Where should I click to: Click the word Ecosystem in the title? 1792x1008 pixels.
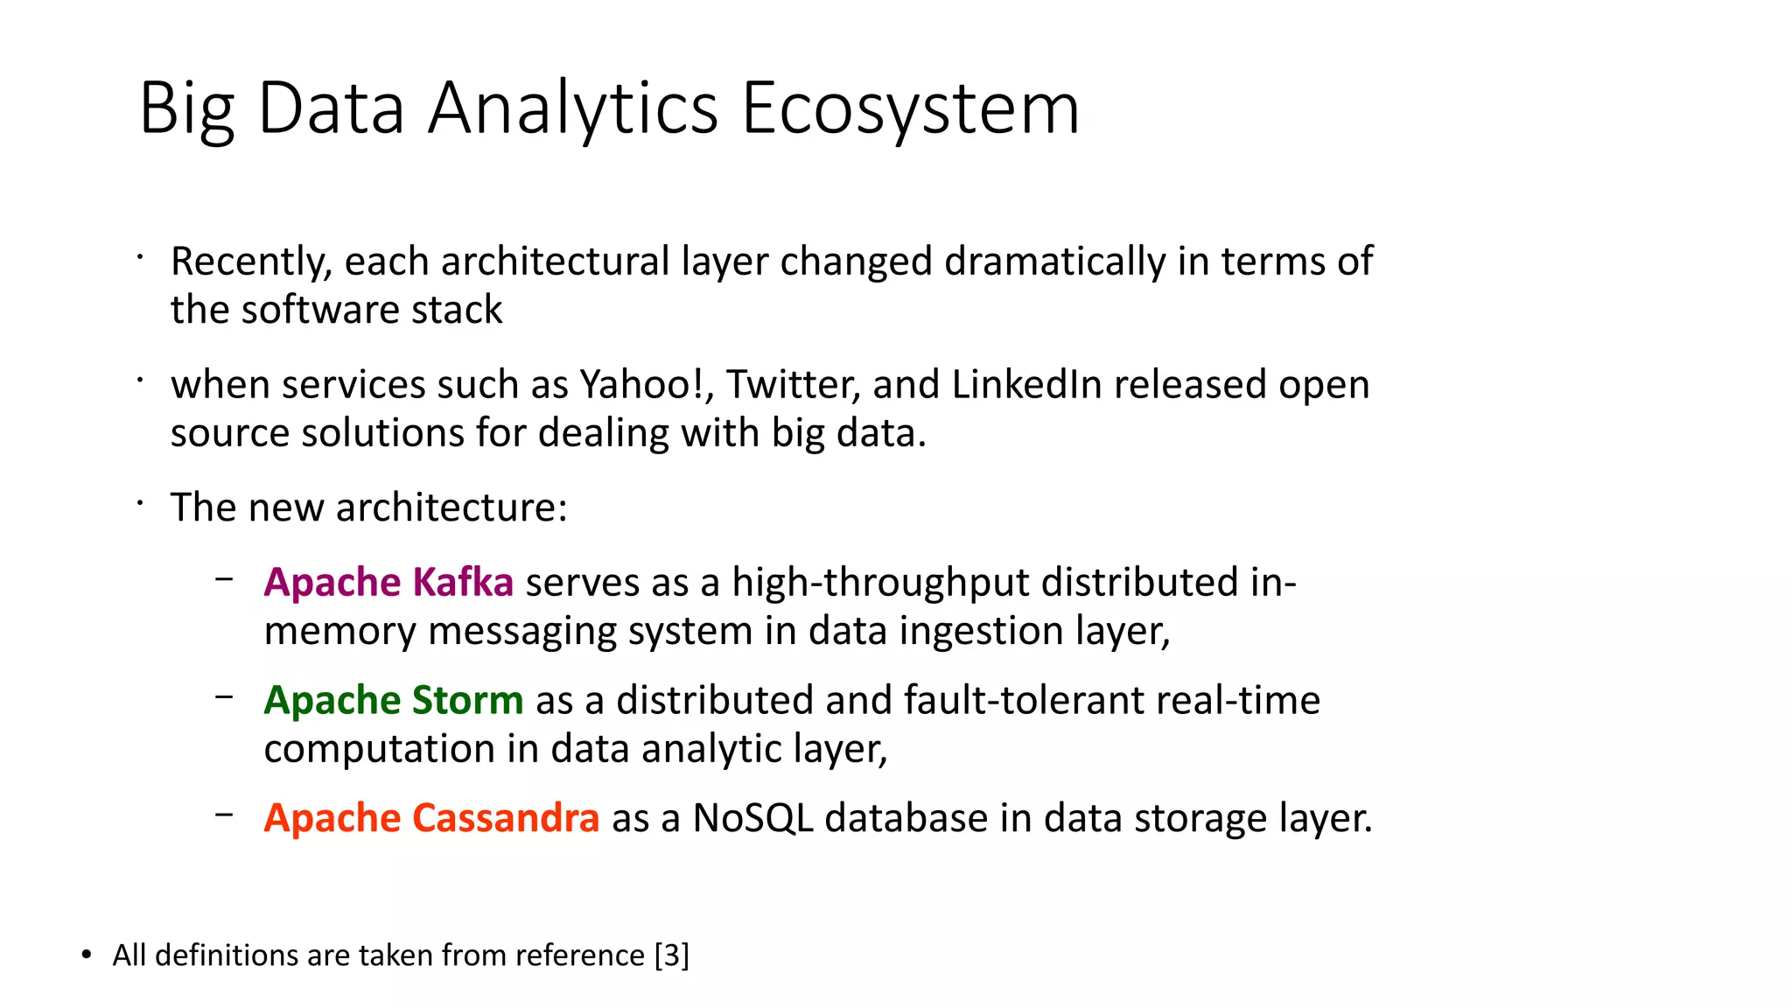tap(910, 108)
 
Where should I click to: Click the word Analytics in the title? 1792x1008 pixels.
tap(573, 108)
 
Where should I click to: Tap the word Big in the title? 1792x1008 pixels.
tap(186, 108)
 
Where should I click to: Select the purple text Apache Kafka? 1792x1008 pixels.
tap(388, 583)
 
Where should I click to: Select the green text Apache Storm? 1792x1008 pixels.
tap(394, 701)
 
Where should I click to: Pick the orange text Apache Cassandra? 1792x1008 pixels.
tap(431, 819)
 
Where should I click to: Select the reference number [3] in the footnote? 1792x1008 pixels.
tap(672, 955)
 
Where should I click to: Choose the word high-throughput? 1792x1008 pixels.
tap(880, 583)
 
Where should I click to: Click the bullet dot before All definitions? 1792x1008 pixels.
tap(86, 955)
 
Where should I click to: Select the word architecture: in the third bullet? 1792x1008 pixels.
tap(451, 508)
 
